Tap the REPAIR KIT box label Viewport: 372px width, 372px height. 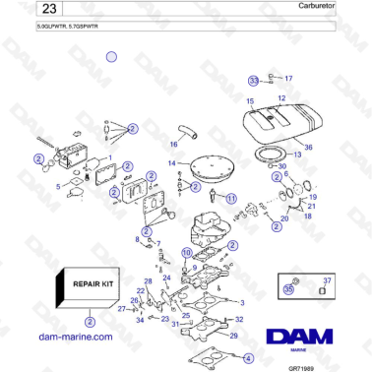[x=92, y=285]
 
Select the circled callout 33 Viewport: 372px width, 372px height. [x=253, y=80]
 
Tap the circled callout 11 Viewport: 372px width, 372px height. [x=231, y=198]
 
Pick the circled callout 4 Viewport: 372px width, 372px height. [x=247, y=357]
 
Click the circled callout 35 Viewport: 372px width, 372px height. [x=288, y=290]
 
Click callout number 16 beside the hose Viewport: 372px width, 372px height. [x=173, y=145]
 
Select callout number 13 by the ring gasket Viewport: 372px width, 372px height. [x=298, y=155]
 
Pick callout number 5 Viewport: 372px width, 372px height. [x=58, y=186]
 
